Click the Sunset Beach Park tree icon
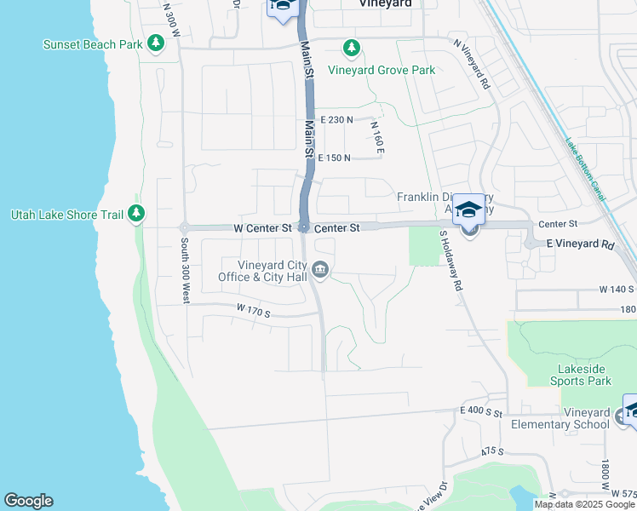[x=156, y=43]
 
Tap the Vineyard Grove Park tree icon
[x=349, y=49]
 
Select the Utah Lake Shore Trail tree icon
[x=136, y=215]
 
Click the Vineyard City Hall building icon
[x=320, y=270]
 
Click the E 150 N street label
[x=336, y=158]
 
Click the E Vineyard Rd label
[x=580, y=244]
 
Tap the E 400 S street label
[x=475, y=411]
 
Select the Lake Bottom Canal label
[x=586, y=170]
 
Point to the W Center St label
[x=263, y=228]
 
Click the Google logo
[x=28, y=501]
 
